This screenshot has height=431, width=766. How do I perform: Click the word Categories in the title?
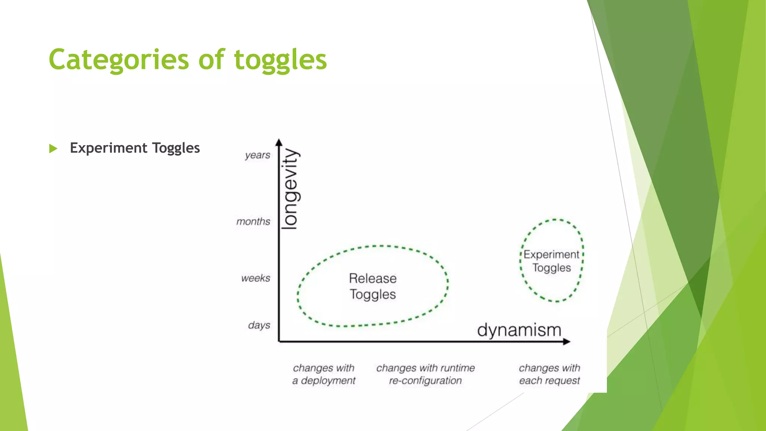tap(119, 60)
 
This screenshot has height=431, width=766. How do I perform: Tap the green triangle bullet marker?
tap(53, 149)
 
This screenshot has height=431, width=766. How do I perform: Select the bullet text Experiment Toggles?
tap(135, 148)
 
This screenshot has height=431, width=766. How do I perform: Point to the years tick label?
tap(257, 155)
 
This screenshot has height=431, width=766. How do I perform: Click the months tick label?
tap(253, 221)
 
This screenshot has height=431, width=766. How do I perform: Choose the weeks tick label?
tap(255, 278)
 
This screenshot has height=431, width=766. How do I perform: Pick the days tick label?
tap(259, 325)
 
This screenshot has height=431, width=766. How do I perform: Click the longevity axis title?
tap(290, 189)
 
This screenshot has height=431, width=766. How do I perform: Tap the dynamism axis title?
tap(519, 330)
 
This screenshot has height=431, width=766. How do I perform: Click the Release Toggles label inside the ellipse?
tap(373, 286)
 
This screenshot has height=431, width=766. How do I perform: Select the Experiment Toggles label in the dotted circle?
tap(551, 261)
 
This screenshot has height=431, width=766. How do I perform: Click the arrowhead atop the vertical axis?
tap(279, 142)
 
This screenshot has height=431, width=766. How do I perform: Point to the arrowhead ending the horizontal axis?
tap(567, 341)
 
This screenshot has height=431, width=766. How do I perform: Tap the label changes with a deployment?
tap(324, 374)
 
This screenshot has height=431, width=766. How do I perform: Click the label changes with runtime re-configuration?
tap(425, 374)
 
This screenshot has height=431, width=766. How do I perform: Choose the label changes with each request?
tap(549, 374)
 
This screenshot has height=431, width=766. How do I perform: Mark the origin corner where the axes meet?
tap(279, 341)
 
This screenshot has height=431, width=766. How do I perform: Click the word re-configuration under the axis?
tap(425, 381)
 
